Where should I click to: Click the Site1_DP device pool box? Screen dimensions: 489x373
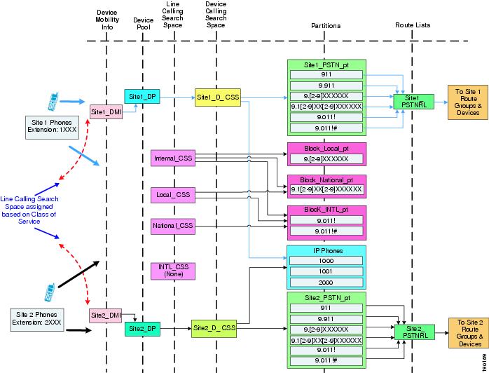pos(142,97)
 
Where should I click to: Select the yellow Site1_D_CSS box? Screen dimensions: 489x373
pos(218,97)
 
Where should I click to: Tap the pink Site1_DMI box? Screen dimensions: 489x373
pos(106,111)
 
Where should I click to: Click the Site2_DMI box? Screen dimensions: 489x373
pos(105,316)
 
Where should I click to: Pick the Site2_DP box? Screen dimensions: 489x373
pos(142,329)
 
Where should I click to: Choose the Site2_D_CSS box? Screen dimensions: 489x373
pos(214,328)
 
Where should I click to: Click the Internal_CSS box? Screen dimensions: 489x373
pos(173,158)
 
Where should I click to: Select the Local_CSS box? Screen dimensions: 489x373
pos(173,195)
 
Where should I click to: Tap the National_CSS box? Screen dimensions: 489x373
pos(173,226)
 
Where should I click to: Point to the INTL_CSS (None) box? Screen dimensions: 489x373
pos(173,271)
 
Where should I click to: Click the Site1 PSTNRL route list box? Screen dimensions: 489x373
pos(414,102)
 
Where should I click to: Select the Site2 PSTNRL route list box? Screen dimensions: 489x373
pos(415,332)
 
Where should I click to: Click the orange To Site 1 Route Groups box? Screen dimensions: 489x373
pos(468,102)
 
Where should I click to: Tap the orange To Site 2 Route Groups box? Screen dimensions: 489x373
pos(469,333)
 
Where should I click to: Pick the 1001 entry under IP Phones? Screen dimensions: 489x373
pos(326,271)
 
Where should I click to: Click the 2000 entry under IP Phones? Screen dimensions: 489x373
pos(326,283)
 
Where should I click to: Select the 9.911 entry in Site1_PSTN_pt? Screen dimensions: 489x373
pos(326,86)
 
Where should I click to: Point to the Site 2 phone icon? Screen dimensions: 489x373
pos(50,292)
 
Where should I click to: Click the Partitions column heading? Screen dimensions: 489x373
pos(326,26)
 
